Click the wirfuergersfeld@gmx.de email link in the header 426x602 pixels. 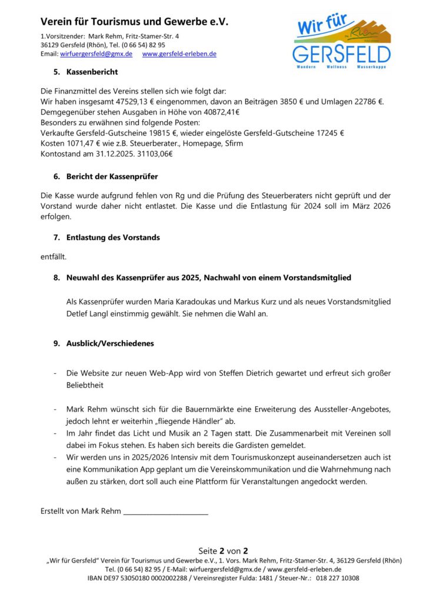coord(96,53)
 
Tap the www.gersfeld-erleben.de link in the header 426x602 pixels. coord(179,53)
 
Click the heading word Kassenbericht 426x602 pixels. coord(92,72)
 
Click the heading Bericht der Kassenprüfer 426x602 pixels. coord(112,176)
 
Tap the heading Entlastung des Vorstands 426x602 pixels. coord(114,238)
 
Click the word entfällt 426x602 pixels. coord(53,256)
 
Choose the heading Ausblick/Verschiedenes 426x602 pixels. coord(111,343)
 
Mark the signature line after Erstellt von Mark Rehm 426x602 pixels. coord(166,511)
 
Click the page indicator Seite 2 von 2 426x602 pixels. coord(223,551)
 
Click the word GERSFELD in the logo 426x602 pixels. coord(341,54)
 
